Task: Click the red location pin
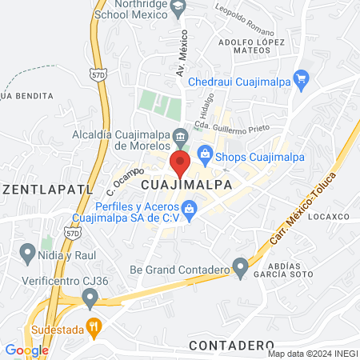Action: click(180, 166)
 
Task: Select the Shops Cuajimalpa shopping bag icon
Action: click(205, 154)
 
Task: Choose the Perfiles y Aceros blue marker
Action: click(190, 212)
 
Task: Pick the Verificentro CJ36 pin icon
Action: click(90, 298)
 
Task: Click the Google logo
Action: click(26, 350)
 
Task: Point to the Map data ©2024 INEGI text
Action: click(311, 354)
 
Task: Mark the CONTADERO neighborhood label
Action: click(232, 344)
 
